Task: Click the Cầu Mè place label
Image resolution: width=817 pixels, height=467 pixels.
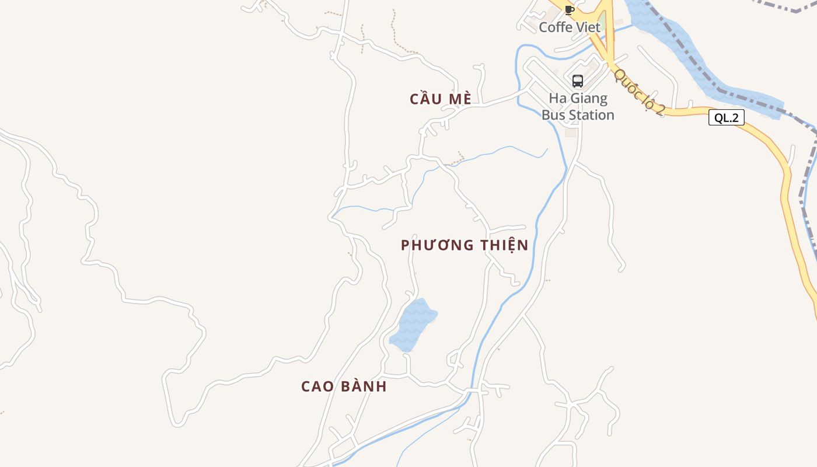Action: pyautogui.click(x=440, y=99)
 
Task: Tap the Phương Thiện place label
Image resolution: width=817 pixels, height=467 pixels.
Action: pyautogui.click(x=465, y=245)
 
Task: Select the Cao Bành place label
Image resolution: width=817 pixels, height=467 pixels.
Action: pyautogui.click(x=344, y=386)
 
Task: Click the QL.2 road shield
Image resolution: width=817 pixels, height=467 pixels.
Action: pyautogui.click(x=727, y=118)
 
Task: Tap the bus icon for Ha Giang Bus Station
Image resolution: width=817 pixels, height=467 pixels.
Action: pyautogui.click(x=578, y=81)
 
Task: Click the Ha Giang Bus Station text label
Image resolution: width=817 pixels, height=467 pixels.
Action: pyautogui.click(x=578, y=106)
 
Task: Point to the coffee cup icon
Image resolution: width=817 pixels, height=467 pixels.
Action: pyautogui.click(x=570, y=10)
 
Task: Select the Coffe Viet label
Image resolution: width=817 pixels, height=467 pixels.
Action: pyautogui.click(x=570, y=27)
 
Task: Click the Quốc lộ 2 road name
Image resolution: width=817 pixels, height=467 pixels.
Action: pyautogui.click(x=640, y=92)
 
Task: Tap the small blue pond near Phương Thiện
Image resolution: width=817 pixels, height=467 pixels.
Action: pyautogui.click(x=412, y=326)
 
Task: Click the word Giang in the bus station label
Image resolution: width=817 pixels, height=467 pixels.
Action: pyautogui.click(x=588, y=98)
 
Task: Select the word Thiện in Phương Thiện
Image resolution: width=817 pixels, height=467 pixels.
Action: pyautogui.click(x=504, y=245)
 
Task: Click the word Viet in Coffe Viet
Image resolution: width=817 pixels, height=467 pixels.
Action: pyautogui.click(x=587, y=27)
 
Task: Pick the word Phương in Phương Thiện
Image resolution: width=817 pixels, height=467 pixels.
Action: pyautogui.click(x=438, y=245)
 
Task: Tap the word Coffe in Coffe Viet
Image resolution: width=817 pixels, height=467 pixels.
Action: pyautogui.click(x=554, y=27)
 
